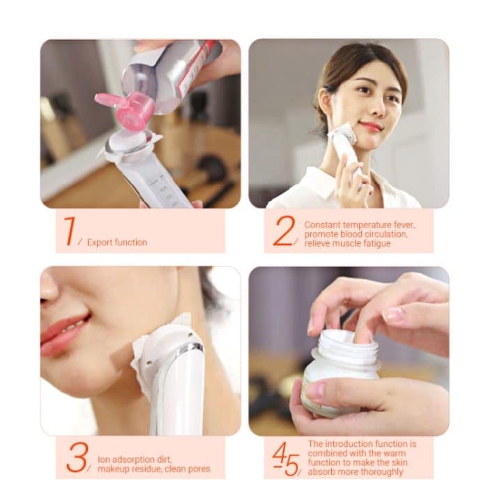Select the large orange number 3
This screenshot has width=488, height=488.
tap(77, 458)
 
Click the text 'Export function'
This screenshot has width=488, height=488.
tap(117, 243)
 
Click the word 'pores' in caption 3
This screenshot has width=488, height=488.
tap(197, 468)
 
